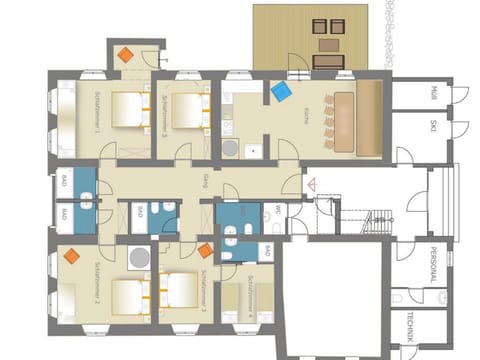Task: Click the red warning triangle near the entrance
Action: pos(311,184)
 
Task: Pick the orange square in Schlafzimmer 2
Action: pos(71,256)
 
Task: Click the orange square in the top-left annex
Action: pos(124,55)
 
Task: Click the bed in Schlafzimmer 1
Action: pos(127,109)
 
